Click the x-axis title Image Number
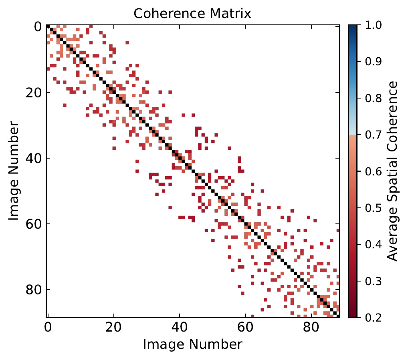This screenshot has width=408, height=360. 192,344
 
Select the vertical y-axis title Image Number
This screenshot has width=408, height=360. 14,171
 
